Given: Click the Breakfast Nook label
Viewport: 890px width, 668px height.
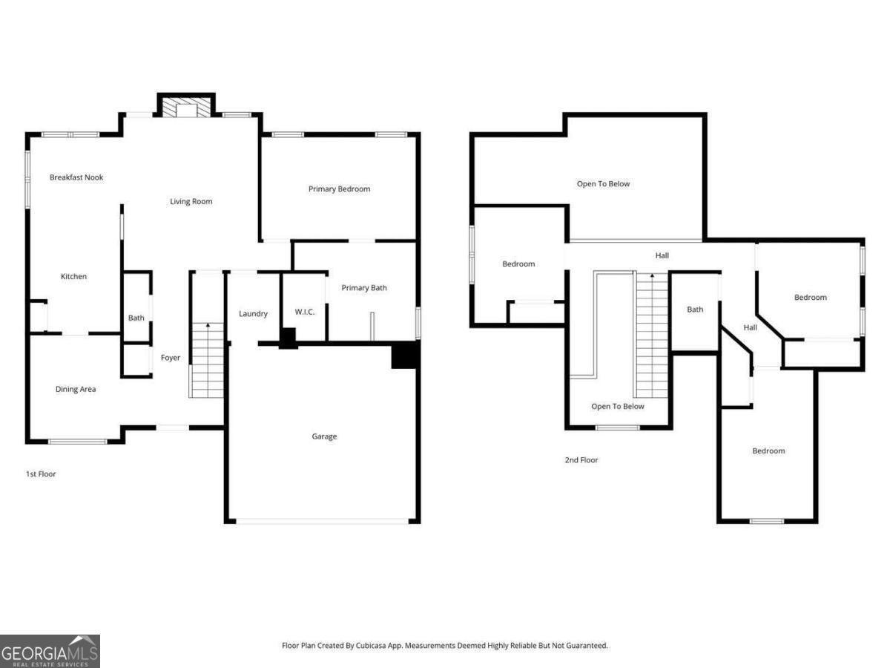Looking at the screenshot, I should tap(76, 177).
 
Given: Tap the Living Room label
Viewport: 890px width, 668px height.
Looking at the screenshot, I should tap(191, 201).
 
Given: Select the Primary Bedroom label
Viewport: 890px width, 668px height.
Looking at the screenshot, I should tap(339, 189).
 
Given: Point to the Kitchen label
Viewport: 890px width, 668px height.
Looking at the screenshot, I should tap(73, 276).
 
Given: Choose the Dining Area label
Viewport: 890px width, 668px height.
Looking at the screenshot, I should tap(76, 389).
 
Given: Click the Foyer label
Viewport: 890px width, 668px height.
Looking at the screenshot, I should tap(171, 358).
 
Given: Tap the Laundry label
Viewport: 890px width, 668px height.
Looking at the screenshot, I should tap(253, 314).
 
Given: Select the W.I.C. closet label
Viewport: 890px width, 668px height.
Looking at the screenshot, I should tap(305, 312).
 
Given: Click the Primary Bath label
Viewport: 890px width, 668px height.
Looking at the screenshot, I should tap(364, 288).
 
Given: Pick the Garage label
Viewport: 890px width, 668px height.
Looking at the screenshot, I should tap(324, 436).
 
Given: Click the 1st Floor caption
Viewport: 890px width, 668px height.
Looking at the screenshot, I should tap(41, 474).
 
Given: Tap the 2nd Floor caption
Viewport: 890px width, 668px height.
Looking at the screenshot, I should tap(581, 460).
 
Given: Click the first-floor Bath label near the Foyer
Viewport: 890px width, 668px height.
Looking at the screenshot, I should tap(136, 318).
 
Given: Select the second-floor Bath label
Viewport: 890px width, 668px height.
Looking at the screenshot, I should tap(695, 310).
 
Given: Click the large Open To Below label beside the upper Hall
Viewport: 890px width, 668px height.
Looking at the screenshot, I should tap(604, 183).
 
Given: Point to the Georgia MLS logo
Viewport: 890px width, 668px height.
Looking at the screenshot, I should tap(50, 652).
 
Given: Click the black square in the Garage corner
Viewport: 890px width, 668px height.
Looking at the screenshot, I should tap(405, 355).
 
